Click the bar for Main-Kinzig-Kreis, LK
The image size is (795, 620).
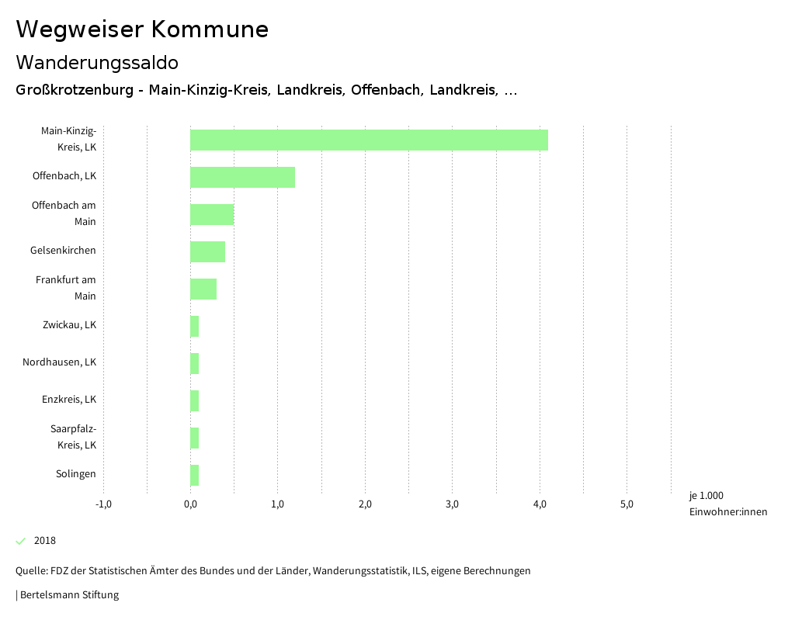pos(369,140)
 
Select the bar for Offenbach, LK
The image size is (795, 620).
pos(242,177)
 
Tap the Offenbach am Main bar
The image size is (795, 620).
pos(212,214)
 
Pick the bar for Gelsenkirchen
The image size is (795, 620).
pos(207,251)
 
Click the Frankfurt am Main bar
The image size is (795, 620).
pos(203,289)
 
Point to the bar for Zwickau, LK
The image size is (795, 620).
pos(195,326)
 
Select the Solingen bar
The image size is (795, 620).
pos(195,475)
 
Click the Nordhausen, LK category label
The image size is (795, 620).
pos(59,362)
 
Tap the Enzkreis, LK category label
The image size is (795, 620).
pos(69,400)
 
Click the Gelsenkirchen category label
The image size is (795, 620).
pos(63,251)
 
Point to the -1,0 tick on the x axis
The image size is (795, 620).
pos(103,504)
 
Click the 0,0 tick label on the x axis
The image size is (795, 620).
pos(190,504)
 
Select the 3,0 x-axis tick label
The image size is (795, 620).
pos(453,504)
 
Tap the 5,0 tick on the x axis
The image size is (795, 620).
pos(627,504)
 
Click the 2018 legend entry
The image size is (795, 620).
pos(44,541)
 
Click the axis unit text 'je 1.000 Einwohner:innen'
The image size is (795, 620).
pos(727,504)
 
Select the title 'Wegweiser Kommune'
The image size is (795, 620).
pos(142,29)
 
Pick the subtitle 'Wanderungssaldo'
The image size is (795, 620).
pos(97,62)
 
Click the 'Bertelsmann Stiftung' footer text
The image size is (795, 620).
pos(69,595)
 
